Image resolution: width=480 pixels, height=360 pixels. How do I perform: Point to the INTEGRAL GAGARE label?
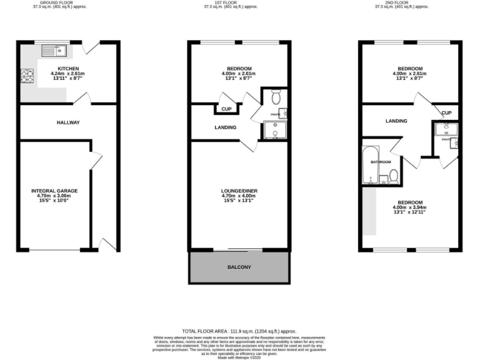pos(54,191)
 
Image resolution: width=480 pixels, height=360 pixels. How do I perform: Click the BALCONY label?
pos(239,267)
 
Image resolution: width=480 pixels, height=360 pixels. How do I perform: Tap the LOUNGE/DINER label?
pos(239,191)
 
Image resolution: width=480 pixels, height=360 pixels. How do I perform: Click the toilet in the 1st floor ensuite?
pos(277,97)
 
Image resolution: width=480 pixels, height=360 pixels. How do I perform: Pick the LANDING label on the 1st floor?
pos(225,127)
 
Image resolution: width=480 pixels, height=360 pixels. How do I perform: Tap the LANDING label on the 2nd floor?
pos(396,121)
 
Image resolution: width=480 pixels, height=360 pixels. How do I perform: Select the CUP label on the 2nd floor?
pos(446,113)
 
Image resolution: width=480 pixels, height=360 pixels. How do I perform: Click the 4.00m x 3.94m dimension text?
pos(409,207)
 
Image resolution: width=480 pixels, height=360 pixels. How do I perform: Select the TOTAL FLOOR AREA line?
pos(239,331)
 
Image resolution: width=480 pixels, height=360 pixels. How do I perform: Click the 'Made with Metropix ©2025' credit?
pos(239,357)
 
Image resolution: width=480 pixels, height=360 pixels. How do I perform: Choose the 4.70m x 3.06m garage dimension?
pos(54,196)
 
